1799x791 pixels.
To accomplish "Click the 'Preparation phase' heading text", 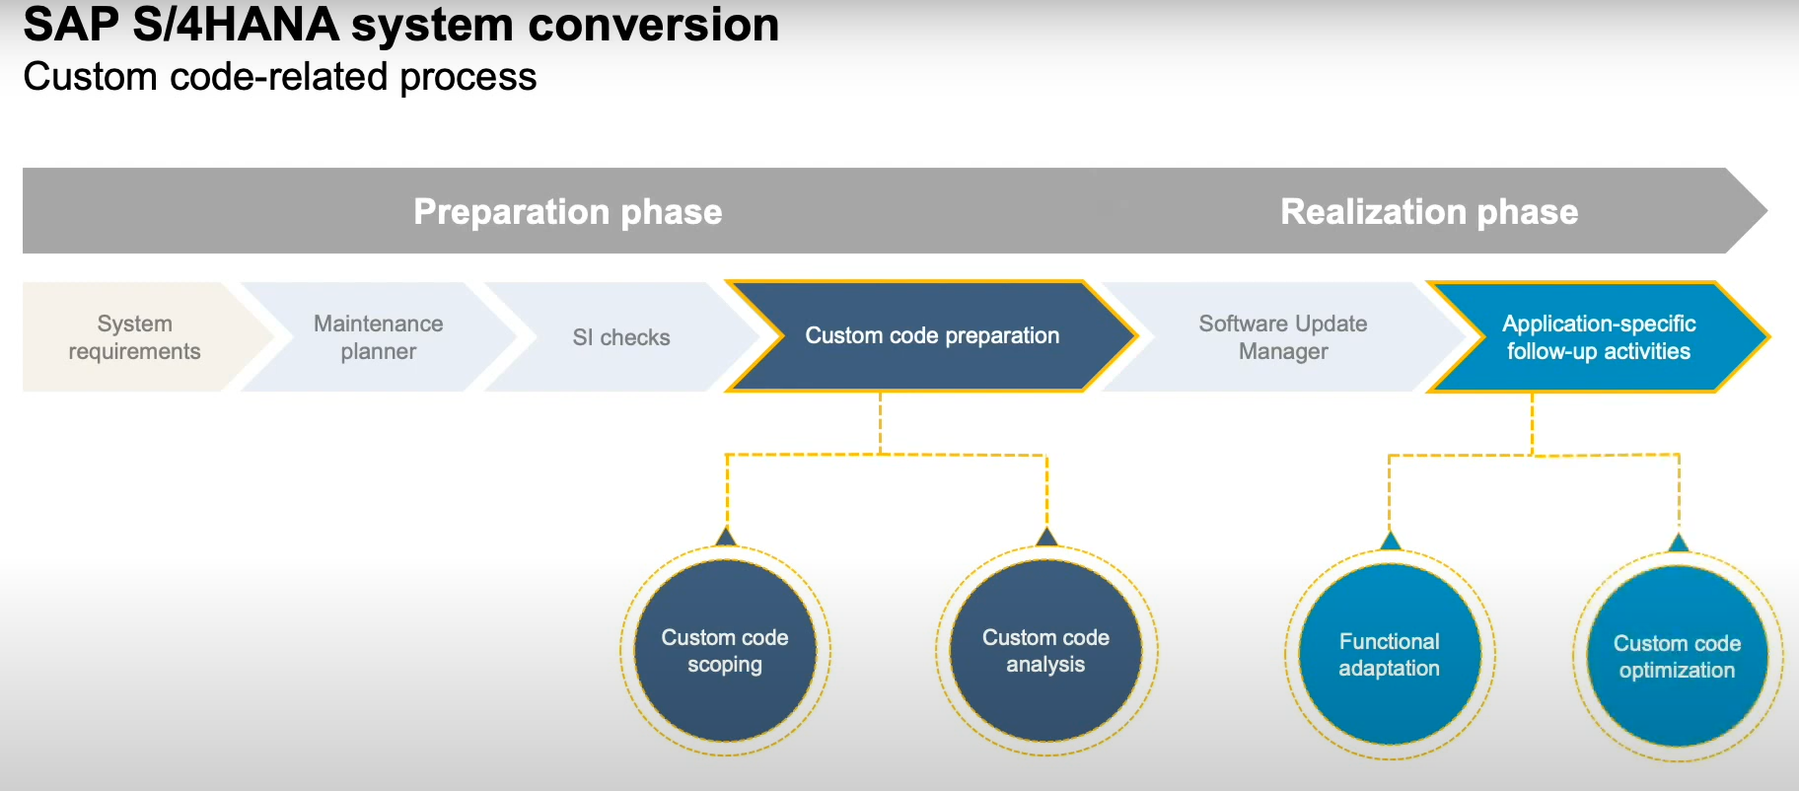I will tap(567, 212).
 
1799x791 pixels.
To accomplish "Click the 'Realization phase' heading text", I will tap(1428, 212).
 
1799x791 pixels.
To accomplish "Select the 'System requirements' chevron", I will tap(134, 337).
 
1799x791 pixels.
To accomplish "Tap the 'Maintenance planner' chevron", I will tap(378, 337).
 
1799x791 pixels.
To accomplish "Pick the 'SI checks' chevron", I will tap(620, 337).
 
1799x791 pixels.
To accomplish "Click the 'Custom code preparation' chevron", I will tap(931, 336).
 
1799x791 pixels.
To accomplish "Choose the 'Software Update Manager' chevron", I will tap(1282, 337).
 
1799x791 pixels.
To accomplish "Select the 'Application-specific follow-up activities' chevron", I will tap(1598, 337).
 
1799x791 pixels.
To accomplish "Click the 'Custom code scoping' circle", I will tap(725, 651).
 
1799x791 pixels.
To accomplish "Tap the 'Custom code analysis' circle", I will tap(1045, 651).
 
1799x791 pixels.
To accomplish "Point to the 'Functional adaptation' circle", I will tap(1389, 654).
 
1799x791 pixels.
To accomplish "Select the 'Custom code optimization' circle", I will tap(1677, 656).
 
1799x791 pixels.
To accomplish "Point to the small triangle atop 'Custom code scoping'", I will tap(726, 538).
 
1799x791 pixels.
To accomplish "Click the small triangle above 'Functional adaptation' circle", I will tap(1391, 541).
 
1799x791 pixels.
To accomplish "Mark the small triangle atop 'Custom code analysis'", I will tap(1046, 538).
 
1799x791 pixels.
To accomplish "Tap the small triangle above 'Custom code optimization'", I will tap(1678, 543).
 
